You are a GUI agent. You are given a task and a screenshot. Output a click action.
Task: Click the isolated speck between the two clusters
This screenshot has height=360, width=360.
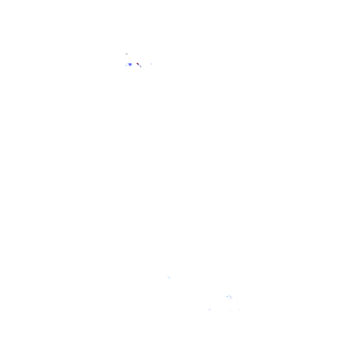pos(169,277)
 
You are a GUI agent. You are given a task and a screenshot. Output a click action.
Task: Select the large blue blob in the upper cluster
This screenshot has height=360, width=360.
pos(130,64)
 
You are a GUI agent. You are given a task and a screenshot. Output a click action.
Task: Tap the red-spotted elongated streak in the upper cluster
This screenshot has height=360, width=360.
pos(139,64)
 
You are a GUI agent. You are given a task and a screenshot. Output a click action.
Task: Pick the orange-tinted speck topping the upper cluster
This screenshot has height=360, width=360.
pos(126,54)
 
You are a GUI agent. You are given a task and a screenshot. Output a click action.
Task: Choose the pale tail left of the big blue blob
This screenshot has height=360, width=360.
pos(126,65)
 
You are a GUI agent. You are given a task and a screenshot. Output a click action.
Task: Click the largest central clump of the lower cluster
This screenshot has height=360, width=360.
pos(229,297)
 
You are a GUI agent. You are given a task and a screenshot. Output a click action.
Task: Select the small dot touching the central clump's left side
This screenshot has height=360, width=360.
pos(225,297)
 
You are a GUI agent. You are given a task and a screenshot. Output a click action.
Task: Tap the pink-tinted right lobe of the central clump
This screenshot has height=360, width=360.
pos(231,298)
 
